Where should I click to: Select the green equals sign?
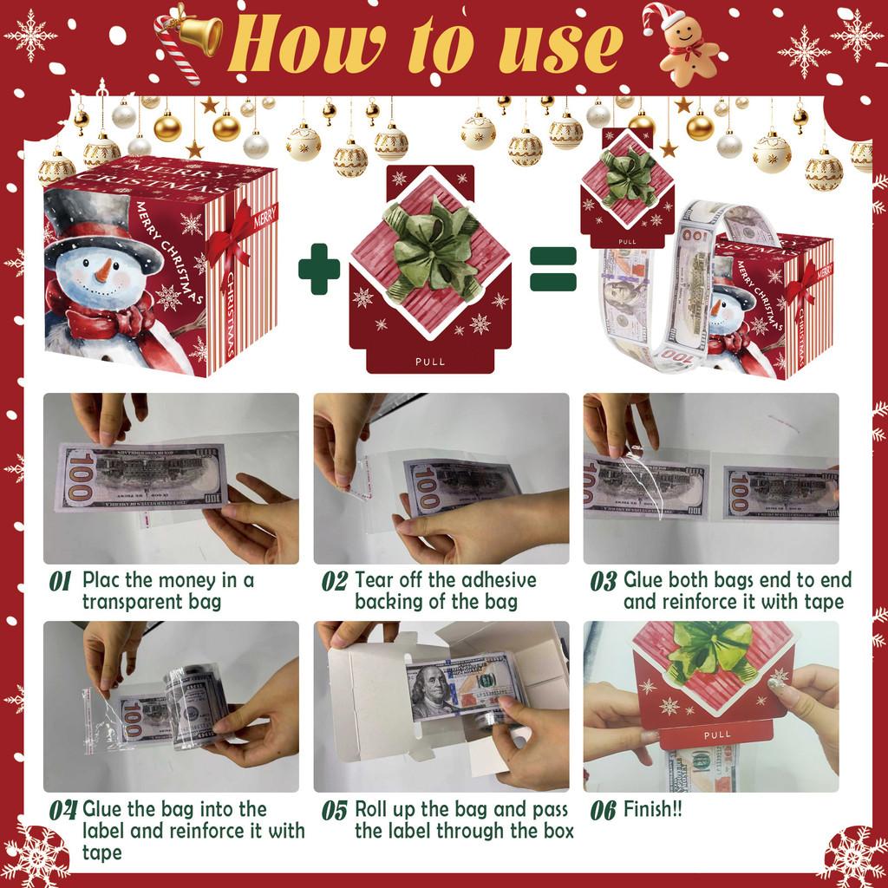pos(552,268)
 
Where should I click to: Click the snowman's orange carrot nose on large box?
pos(103,271)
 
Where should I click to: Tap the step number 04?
pos(62,811)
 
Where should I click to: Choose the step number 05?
pos(335,811)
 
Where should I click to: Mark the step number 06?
pos(604,811)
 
